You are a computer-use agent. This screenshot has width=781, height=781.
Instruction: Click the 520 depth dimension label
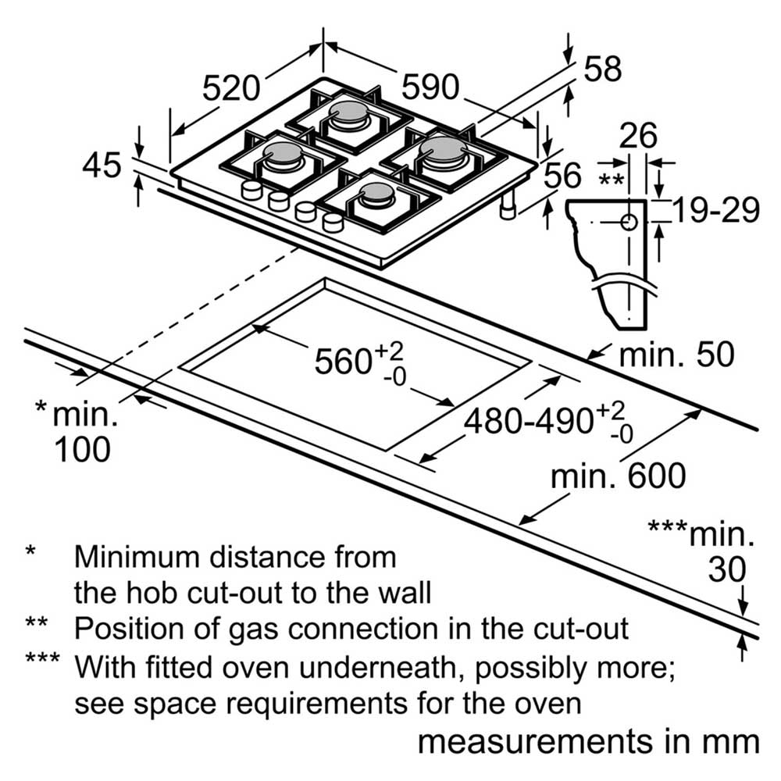[231, 88]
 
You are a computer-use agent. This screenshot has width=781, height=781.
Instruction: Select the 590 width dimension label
[430, 87]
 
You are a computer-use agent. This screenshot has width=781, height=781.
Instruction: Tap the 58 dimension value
[603, 69]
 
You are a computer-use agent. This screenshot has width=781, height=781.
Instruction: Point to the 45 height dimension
[102, 165]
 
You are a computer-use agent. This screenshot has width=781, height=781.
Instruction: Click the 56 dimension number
[562, 175]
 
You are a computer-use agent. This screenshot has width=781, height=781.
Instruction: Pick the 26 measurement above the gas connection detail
[638, 134]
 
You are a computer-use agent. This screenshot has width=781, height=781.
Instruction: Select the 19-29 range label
[715, 209]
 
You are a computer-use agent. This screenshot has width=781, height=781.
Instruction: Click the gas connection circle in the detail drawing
[629, 222]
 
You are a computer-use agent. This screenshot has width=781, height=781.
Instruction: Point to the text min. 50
[676, 355]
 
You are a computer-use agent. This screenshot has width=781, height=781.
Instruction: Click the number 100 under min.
[82, 449]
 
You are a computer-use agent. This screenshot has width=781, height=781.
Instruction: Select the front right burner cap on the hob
[377, 193]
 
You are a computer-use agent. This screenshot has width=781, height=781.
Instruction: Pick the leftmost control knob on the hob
[251, 190]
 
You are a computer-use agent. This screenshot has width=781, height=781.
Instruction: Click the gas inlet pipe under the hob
[508, 205]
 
